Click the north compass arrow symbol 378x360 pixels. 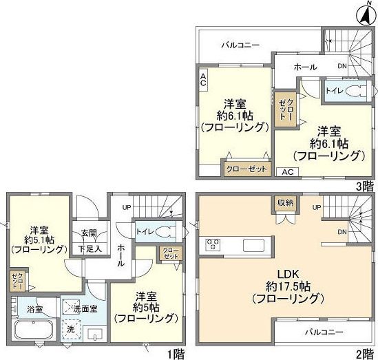point(366,13)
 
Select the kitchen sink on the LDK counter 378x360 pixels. point(251,245)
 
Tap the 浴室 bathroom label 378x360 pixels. point(24,310)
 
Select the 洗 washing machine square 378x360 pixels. point(71,330)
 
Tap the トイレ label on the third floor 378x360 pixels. point(333,91)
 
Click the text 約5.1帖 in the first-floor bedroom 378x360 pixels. point(38,243)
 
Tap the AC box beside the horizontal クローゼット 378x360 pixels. point(286,172)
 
